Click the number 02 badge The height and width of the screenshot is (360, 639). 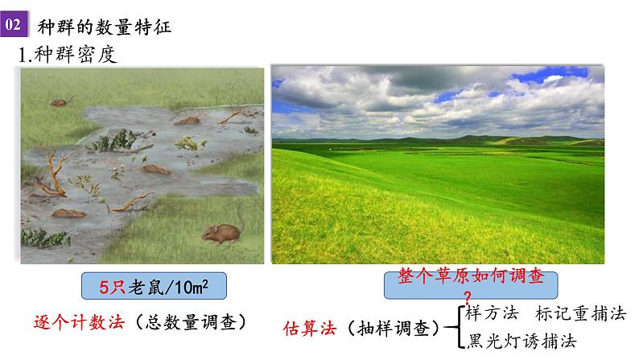[x=13, y=25]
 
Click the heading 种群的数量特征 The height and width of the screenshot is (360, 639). [x=105, y=25]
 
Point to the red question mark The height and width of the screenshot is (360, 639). [x=468, y=294]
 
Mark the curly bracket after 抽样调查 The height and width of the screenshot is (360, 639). [x=455, y=327]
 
